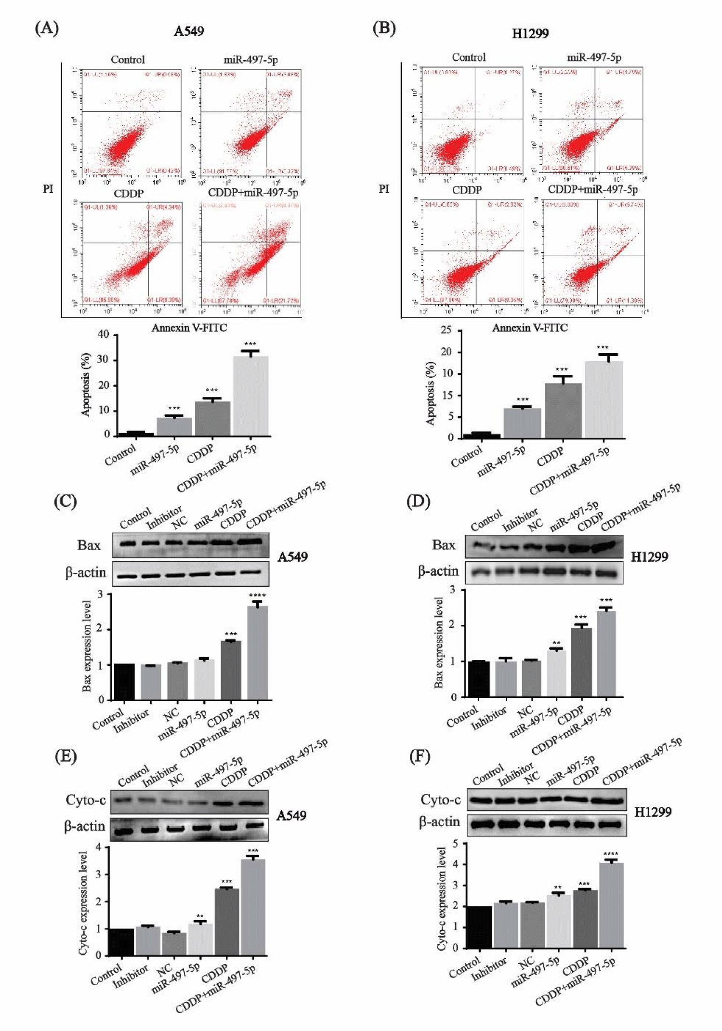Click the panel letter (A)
47,28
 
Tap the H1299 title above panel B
530,33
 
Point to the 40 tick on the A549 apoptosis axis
103,334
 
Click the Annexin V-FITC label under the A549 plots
189,328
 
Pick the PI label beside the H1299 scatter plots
384,188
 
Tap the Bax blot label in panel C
89,545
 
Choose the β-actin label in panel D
438,571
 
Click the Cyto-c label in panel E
85,800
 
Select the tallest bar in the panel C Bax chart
257,652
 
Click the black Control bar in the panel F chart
479,927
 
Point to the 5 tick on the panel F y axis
456,843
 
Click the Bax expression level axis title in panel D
438,642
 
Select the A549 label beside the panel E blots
291,815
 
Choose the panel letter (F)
419,756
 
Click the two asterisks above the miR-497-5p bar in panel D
556,643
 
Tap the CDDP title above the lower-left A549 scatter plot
129,193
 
